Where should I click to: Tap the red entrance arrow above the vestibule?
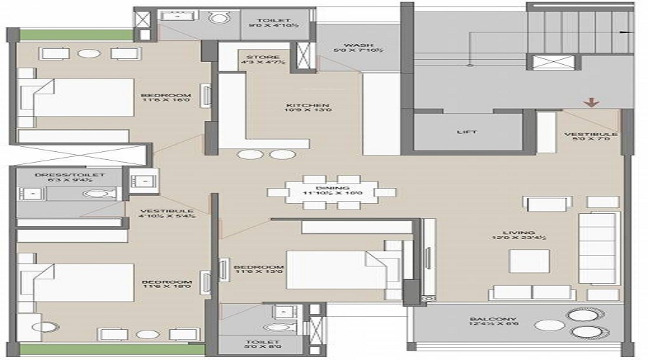[x=592, y=102]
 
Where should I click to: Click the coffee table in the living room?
[x=530, y=261]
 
